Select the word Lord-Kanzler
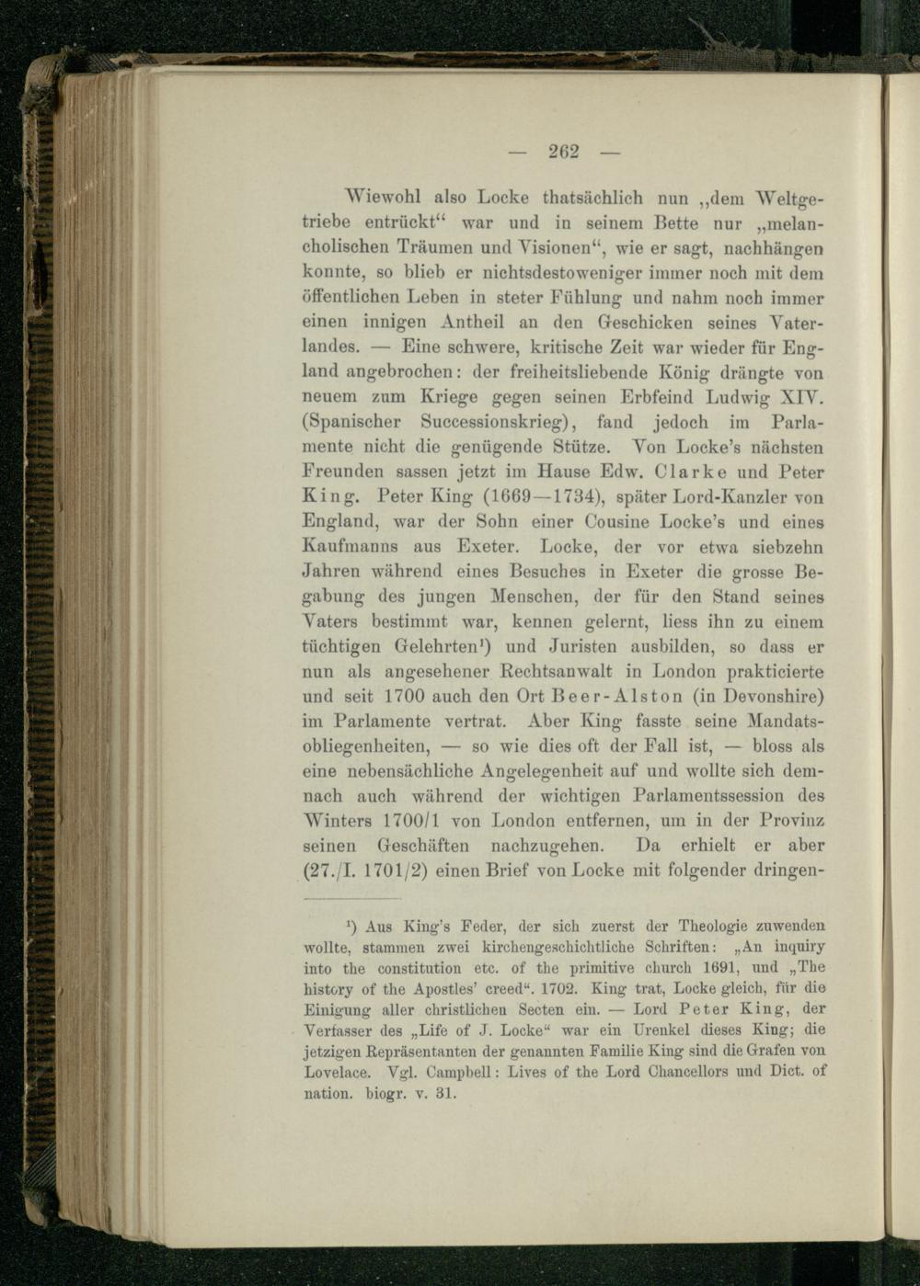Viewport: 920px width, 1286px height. click(712, 497)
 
